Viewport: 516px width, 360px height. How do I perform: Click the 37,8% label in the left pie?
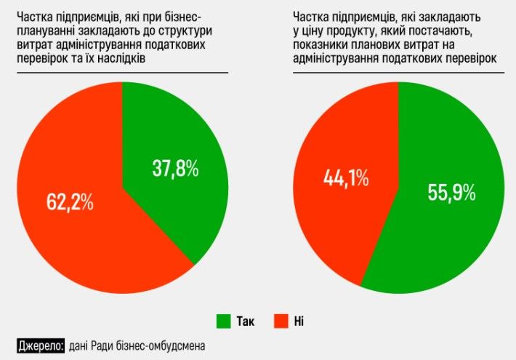point(175,169)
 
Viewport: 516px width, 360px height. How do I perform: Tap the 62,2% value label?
point(70,202)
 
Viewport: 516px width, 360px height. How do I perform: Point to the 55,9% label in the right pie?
point(451,193)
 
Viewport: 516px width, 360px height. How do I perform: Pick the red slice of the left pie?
point(80,240)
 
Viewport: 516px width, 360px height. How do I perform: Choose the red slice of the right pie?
point(342,218)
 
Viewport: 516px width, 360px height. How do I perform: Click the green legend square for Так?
point(223,321)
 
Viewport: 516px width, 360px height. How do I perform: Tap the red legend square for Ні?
point(281,321)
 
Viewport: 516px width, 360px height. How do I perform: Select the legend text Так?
point(246,321)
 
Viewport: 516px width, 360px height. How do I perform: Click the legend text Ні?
point(299,321)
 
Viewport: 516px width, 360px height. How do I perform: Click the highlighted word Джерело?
point(41,345)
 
